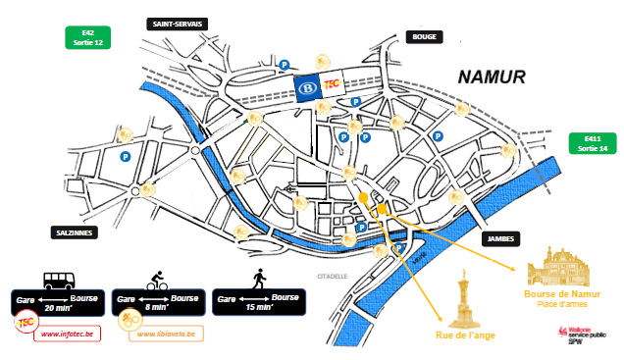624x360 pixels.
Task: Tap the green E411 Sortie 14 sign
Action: pos(593,143)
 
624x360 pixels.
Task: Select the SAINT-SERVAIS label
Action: pos(177,24)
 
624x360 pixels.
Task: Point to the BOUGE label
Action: pos(425,37)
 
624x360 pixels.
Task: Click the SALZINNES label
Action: pos(78,232)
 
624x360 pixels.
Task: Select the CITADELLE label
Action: pos(333,277)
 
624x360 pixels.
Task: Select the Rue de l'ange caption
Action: pos(464,336)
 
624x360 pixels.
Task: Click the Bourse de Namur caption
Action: pos(561,294)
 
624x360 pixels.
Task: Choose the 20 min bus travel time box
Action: pos(55,301)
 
